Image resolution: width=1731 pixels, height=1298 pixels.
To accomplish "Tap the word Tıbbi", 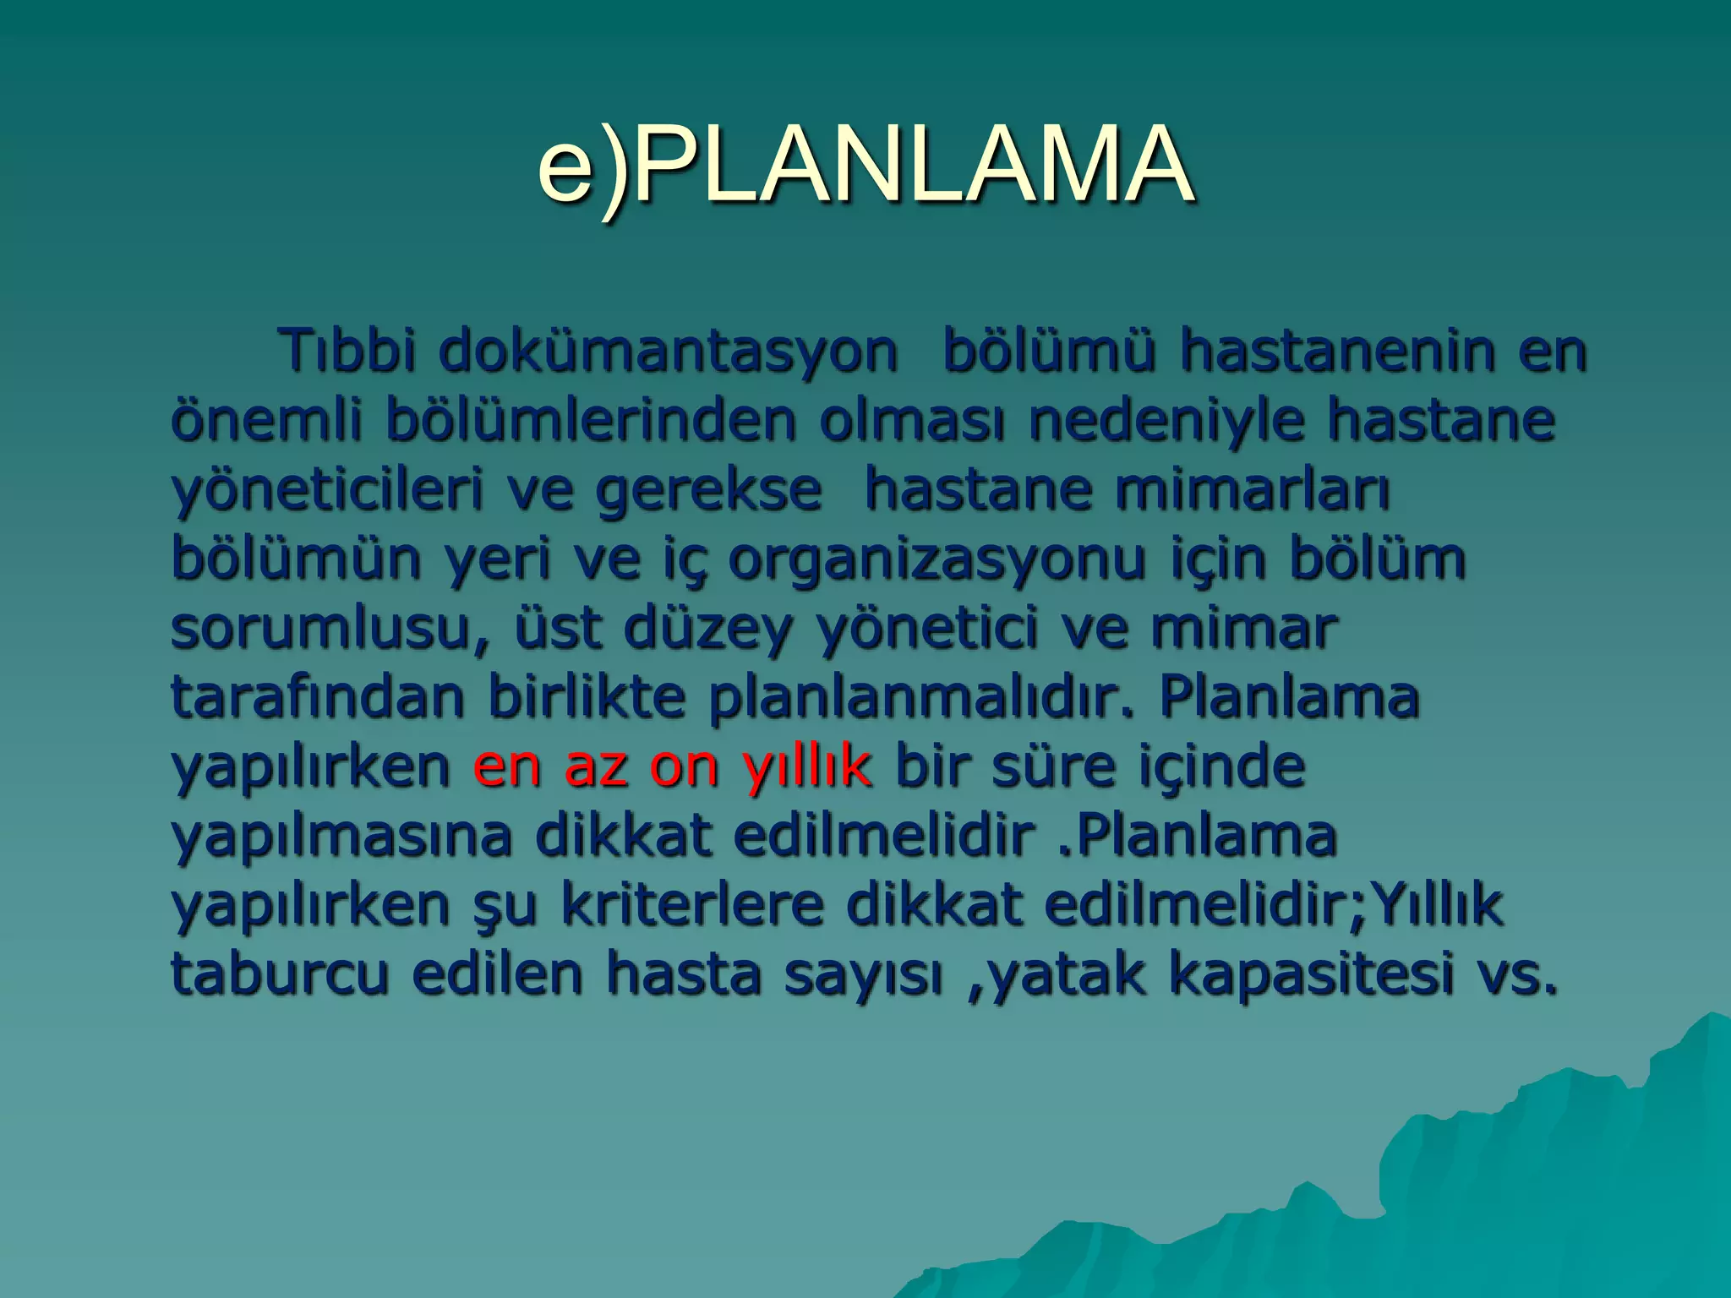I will coord(348,350).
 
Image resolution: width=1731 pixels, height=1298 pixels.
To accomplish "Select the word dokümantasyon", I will coord(668,350).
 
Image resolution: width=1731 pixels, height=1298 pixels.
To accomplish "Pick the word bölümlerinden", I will coord(591,420).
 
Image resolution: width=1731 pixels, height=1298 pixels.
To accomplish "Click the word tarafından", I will coord(317,697).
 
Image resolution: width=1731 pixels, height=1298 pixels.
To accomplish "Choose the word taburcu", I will coord(280,973).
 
